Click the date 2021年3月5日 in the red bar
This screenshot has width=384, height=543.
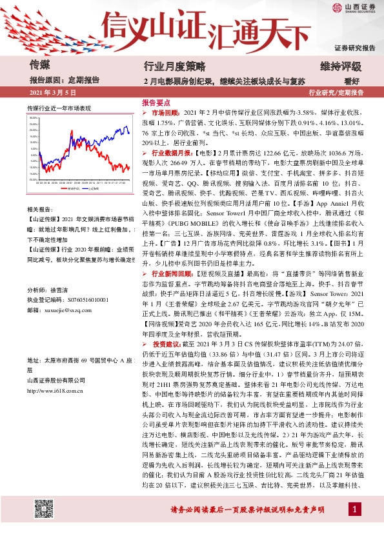click(x=54, y=93)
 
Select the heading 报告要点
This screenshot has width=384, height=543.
click(x=156, y=103)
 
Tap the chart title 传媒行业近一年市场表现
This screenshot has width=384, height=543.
click(x=59, y=108)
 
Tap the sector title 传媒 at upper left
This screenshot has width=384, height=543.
click(x=40, y=64)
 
